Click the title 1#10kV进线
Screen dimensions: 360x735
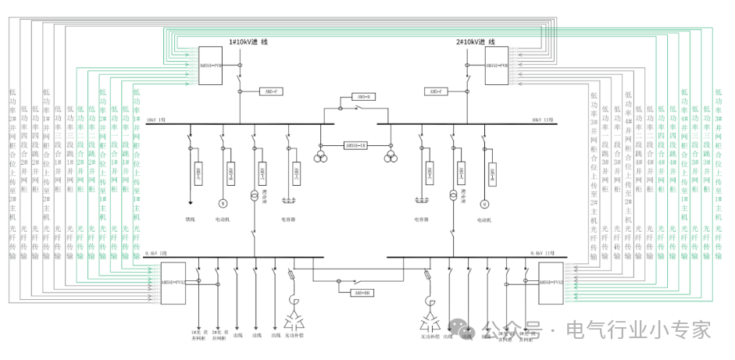pos(248,41)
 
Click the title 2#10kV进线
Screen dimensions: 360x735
pos(476,41)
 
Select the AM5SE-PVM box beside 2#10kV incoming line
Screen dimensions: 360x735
pos(498,65)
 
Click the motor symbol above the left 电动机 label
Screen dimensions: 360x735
pos(222,204)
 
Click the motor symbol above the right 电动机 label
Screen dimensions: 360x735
pos(484,204)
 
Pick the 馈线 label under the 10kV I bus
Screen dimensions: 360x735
pos(190,220)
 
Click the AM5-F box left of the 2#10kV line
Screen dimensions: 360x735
pos(435,91)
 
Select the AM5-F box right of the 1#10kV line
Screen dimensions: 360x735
pos(271,91)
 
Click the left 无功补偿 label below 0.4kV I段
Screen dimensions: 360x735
pos(295,335)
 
